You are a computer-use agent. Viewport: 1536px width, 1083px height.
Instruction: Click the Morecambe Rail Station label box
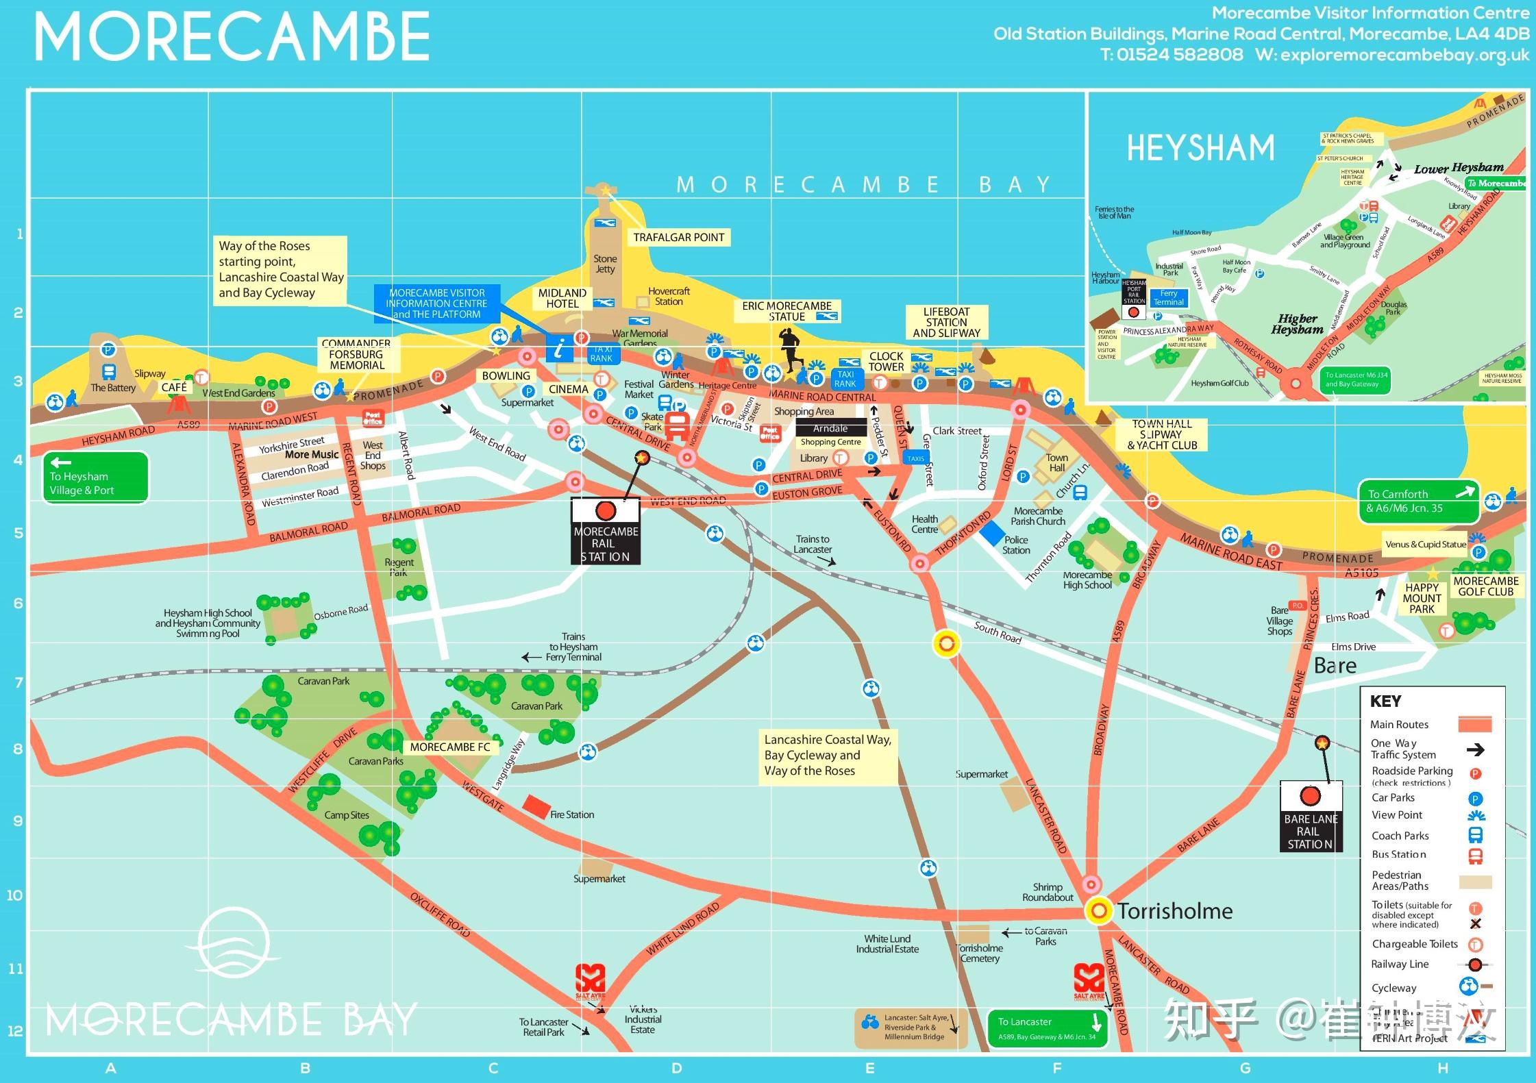click(606, 532)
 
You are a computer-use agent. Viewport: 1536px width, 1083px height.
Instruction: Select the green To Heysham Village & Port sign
click(96, 477)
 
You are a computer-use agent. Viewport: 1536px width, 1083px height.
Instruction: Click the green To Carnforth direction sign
click(1419, 501)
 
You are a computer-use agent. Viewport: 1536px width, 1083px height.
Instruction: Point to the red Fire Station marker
click(536, 806)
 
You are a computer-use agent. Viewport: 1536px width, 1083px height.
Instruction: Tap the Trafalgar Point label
click(678, 238)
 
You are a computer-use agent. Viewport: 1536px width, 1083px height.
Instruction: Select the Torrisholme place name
click(1175, 911)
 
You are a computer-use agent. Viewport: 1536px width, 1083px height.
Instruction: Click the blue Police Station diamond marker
click(992, 533)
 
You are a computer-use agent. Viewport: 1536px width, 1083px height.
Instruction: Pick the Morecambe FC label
click(450, 747)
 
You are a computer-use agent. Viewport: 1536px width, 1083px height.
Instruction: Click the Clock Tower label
click(886, 362)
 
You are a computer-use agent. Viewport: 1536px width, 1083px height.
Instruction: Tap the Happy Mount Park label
click(1422, 598)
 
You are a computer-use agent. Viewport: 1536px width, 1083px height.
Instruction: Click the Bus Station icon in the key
click(1475, 856)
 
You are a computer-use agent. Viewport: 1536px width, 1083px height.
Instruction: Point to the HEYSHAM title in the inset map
click(1200, 148)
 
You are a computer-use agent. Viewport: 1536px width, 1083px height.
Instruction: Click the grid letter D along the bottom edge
click(677, 1069)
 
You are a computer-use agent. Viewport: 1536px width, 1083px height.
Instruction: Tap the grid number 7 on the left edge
click(18, 683)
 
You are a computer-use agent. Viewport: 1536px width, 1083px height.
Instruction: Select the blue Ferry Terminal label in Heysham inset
click(1169, 298)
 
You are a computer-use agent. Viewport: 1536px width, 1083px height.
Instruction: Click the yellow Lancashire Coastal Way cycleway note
click(828, 756)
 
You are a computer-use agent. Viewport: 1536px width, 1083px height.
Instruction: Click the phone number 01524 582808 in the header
click(1180, 55)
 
